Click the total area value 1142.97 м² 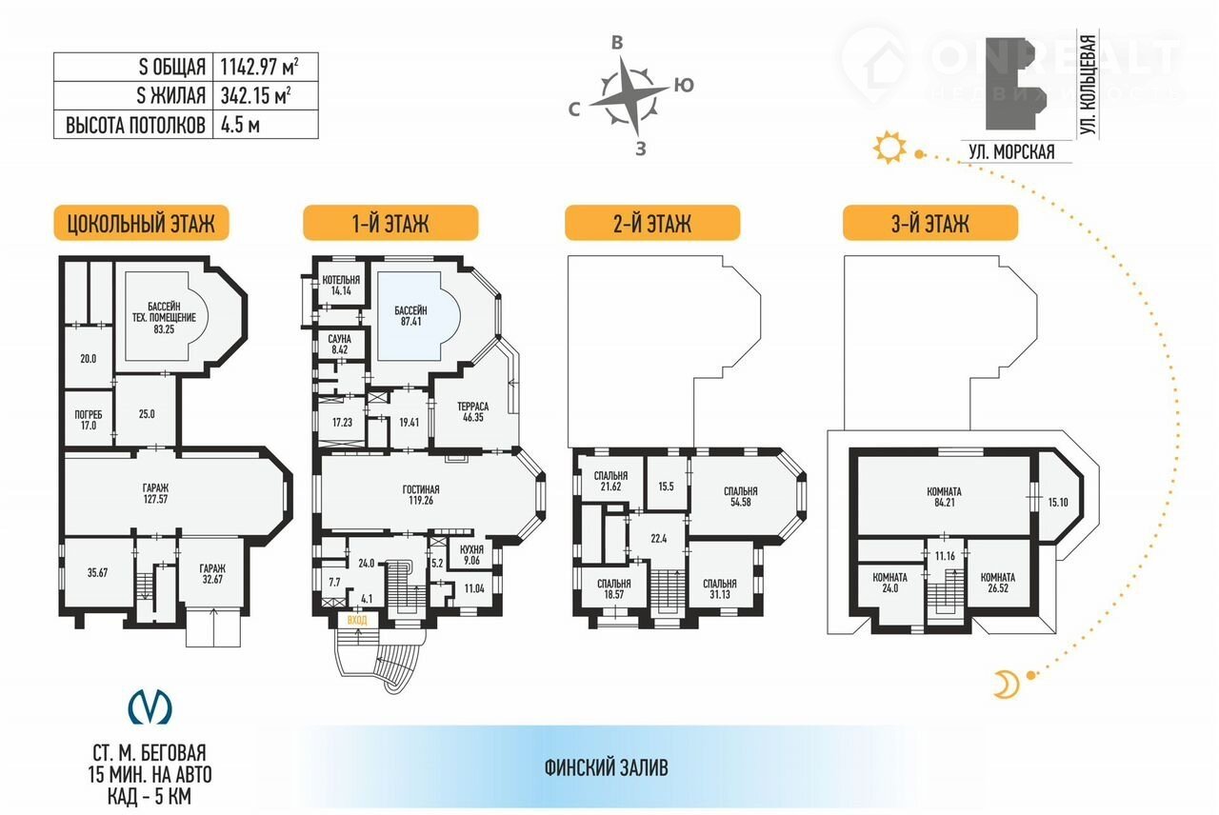259,67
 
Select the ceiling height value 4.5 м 240,125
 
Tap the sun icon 889,147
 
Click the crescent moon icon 1007,684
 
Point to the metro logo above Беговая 150,706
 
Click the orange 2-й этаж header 652,223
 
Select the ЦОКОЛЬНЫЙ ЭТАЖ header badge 142,223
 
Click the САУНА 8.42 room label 340,345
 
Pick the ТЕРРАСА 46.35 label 473,412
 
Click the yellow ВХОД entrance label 357,620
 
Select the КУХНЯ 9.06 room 471,555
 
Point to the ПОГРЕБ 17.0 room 89,419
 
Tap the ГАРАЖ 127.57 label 155,493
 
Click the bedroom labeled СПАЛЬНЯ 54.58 741,496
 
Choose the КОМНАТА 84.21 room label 944,497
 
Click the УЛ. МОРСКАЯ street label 1011,151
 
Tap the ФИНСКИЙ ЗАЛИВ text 607,767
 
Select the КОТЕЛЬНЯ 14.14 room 341,285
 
